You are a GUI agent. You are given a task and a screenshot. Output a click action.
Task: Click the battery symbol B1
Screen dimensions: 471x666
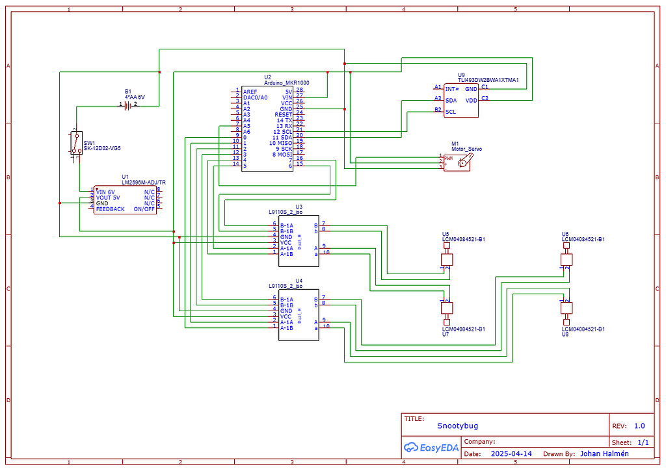coord(128,105)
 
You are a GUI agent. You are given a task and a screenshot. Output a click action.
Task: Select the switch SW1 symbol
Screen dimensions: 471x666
coord(75,143)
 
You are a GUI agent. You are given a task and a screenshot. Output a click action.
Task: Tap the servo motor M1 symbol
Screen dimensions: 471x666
coord(462,162)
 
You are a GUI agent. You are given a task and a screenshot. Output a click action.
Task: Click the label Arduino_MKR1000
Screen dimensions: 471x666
coord(287,83)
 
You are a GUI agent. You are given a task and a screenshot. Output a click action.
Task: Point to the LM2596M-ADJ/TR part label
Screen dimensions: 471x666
coord(144,183)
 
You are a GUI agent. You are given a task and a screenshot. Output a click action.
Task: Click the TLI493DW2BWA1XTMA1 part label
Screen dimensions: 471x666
coord(488,80)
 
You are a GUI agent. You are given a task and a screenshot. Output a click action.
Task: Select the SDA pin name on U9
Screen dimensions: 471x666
coord(451,100)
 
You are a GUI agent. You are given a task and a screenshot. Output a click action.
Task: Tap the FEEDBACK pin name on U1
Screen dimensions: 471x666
coord(110,209)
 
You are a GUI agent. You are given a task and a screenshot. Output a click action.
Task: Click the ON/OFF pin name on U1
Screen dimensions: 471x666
coord(144,209)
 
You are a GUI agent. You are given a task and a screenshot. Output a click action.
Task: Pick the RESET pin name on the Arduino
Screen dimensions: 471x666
coord(283,114)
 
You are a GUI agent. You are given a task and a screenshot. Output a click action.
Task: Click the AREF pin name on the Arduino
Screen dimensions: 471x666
coord(250,92)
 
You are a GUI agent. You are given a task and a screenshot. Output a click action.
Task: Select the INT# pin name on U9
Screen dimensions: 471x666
coord(452,88)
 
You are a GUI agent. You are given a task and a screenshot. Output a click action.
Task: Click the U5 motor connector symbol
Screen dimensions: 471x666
coord(447,260)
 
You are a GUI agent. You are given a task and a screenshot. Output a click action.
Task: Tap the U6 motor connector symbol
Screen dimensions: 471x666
coord(566,259)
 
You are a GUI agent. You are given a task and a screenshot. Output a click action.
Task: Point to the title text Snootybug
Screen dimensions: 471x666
coord(457,426)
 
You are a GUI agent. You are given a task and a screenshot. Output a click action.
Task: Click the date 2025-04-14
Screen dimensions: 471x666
coord(511,453)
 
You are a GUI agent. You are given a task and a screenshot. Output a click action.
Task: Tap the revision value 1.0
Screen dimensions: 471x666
coord(639,426)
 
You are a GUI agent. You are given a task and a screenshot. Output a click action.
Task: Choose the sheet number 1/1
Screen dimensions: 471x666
coord(643,442)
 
